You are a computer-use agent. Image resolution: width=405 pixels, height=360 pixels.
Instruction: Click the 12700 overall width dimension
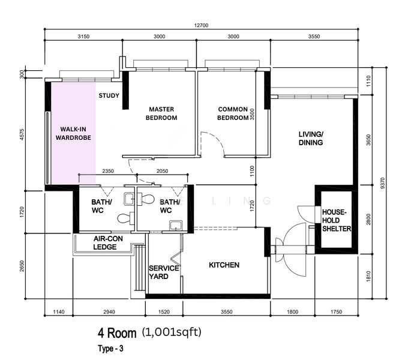[201, 25]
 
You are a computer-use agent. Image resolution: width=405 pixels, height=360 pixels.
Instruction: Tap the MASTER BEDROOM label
[161, 113]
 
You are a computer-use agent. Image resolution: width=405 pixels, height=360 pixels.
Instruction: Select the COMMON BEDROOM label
[233, 113]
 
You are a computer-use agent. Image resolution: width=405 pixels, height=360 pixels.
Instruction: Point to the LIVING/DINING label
[311, 138]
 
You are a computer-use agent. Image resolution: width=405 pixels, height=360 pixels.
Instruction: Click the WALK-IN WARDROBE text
[73, 133]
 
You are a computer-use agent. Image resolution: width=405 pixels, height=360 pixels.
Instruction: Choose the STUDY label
[109, 95]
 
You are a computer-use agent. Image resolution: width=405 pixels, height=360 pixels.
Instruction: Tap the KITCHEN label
[224, 265]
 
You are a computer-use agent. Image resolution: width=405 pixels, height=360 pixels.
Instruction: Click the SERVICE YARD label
[164, 272]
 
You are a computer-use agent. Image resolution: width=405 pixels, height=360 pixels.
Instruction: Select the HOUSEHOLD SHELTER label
[337, 220]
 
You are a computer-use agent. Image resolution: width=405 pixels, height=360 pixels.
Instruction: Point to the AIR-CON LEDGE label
[108, 243]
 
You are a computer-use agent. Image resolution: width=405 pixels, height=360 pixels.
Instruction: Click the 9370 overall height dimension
[383, 183]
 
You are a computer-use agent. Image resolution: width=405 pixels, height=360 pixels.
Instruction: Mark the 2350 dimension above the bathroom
[108, 171]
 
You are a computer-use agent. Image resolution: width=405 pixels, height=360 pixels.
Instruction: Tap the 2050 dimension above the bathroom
[162, 171]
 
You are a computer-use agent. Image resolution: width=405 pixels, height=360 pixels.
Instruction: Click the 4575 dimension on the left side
[22, 134]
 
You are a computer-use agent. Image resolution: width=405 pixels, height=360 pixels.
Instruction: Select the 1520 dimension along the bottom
[164, 312]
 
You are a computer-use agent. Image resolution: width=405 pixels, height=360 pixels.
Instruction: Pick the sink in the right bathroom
[176, 226]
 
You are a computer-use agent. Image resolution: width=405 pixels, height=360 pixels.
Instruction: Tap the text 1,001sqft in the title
[172, 332]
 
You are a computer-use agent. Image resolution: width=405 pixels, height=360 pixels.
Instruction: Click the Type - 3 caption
[110, 349]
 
